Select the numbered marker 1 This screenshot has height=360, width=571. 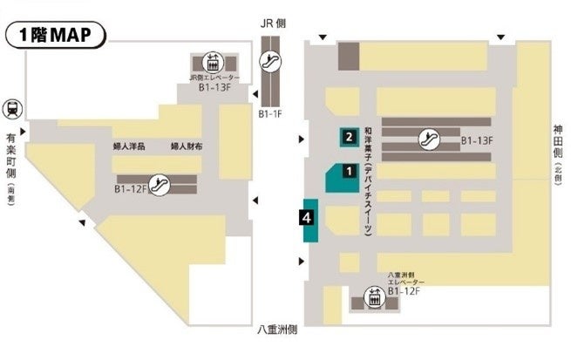pyautogui.click(x=348, y=171)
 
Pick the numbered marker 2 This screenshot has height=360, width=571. pyautogui.click(x=348, y=136)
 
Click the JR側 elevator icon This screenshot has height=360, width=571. pyautogui.click(x=212, y=63)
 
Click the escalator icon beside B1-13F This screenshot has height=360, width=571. pyautogui.click(x=428, y=138)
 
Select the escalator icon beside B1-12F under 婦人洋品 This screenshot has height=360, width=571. pyautogui.click(x=160, y=184)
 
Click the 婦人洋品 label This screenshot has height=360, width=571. pyautogui.click(x=128, y=147)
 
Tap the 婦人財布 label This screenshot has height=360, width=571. pyautogui.click(x=187, y=147)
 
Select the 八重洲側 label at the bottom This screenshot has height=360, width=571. pyautogui.click(x=278, y=330)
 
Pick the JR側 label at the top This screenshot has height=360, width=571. pyautogui.click(x=273, y=24)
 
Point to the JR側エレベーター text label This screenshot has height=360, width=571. pyautogui.click(x=211, y=78)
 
